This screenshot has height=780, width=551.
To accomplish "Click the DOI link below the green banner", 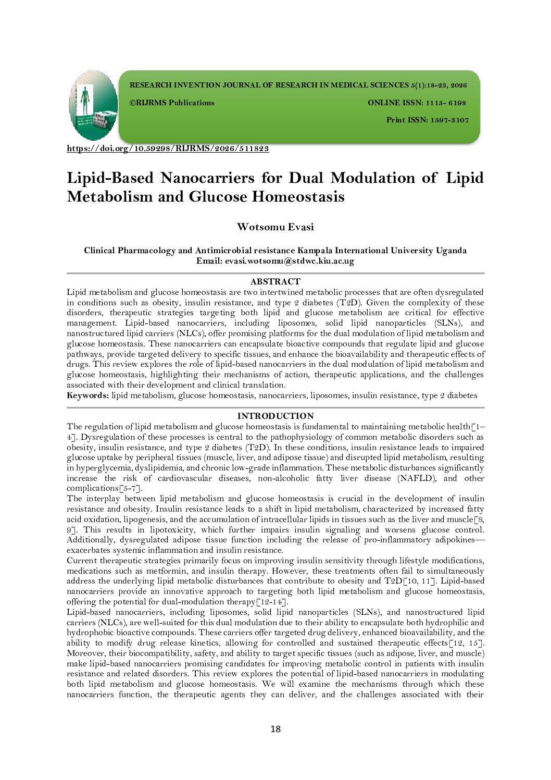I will point(168,148).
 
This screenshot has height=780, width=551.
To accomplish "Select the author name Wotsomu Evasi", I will point(275,227).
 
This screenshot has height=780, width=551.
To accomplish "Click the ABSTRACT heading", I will point(275,281).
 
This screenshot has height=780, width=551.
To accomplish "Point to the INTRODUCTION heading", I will point(275,416).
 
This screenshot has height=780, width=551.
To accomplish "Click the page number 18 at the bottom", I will point(275,729).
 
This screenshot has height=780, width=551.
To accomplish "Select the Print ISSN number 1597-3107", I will point(449,120).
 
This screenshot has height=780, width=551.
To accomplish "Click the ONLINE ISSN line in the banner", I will point(417,103).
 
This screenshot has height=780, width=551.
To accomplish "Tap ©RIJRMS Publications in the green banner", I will point(172,103).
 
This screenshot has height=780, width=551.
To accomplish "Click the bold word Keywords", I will point(87,395).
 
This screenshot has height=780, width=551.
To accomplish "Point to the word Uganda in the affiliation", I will point(451,250).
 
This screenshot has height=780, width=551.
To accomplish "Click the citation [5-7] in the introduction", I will point(130,488).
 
